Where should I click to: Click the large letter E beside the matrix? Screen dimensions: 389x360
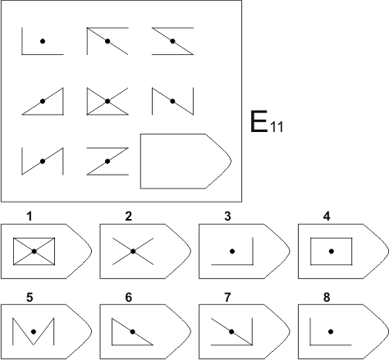[259, 121]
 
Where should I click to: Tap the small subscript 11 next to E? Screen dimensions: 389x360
[277, 127]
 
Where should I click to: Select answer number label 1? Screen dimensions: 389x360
[30, 216]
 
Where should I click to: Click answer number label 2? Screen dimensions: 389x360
[129, 216]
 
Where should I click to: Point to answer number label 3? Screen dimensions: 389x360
[227, 216]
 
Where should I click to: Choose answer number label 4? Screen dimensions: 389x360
[327, 216]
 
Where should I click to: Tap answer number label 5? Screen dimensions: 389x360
[30, 297]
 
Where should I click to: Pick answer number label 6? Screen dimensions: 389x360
[129, 297]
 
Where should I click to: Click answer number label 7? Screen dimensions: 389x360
[227, 297]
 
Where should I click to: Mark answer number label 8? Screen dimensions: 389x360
[327, 297]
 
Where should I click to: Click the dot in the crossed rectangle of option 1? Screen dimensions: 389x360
[34, 251]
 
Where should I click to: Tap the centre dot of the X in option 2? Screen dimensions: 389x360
[133, 251]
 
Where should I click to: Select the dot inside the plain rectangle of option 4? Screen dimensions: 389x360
[332, 251]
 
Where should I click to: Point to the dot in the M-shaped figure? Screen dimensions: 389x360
[34, 331]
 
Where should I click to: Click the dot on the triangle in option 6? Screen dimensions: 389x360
[133, 331]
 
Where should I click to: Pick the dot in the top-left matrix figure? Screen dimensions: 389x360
[43, 41]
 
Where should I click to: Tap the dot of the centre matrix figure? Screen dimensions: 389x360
[108, 101]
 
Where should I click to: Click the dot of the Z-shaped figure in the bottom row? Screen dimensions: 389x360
[108, 162]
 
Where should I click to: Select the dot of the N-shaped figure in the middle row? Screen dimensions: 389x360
[172, 101]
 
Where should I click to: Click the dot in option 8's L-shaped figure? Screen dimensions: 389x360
[331, 331]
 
